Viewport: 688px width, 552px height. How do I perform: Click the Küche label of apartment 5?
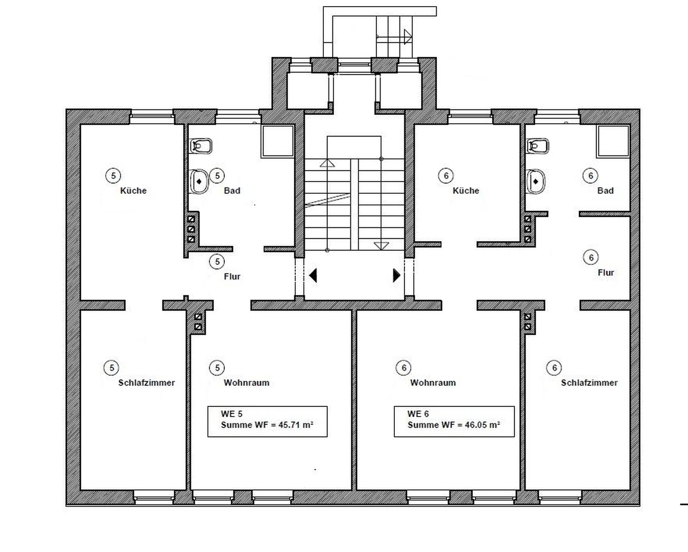point(133,191)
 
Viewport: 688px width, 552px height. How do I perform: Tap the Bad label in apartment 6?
point(606,191)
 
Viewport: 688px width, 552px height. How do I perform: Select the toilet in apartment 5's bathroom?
point(201,146)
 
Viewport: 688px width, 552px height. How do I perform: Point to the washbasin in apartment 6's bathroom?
point(536,181)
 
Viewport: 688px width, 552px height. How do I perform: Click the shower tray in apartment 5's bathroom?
point(277,142)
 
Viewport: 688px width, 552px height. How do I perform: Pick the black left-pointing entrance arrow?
point(313,275)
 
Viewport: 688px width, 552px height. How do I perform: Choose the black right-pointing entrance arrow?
point(396,275)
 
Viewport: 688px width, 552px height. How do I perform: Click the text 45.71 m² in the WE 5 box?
point(296,425)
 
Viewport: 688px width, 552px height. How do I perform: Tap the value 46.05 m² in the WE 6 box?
point(483,425)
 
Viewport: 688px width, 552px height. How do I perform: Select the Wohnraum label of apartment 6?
point(433,383)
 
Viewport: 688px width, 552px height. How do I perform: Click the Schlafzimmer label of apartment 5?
point(147,383)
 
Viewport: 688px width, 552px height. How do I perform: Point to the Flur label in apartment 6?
point(606,272)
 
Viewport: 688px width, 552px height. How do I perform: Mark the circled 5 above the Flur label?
point(217,262)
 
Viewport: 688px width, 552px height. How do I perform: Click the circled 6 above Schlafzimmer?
point(554,367)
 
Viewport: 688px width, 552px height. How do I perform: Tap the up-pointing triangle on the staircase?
point(327,163)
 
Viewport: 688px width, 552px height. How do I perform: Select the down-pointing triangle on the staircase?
point(382,246)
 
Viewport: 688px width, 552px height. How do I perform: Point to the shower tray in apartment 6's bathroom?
point(613,142)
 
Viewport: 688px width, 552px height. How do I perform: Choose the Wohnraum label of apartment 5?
point(247,383)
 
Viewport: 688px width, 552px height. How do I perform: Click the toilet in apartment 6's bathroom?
point(538,146)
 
